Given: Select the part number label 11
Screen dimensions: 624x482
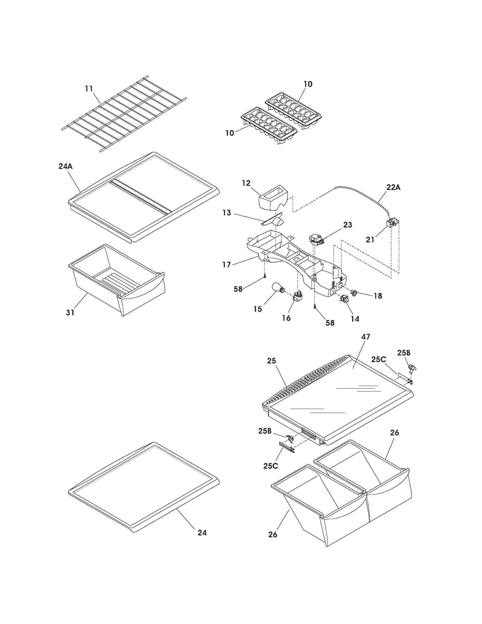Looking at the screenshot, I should pos(89,88).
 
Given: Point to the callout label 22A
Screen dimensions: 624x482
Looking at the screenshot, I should pos(393,187).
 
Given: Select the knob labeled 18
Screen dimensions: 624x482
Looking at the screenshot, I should pos(355,293).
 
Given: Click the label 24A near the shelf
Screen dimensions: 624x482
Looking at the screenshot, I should pos(65,166).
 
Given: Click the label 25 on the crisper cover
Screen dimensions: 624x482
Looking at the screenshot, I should pos(272,361).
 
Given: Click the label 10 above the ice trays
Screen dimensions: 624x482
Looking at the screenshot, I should pos(308,84).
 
